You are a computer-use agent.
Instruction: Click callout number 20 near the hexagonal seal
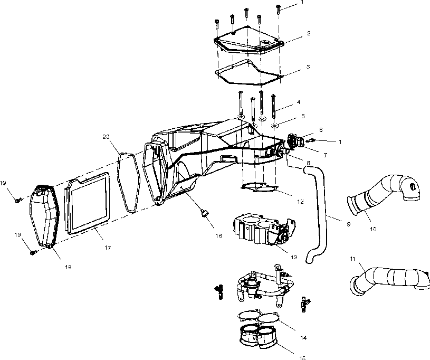pyautogui.click(x=106, y=137)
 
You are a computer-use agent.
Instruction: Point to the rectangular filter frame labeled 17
pyautogui.click(x=87, y=206)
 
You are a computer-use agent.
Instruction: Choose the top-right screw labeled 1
pyautogui.click(x=278, y=8)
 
